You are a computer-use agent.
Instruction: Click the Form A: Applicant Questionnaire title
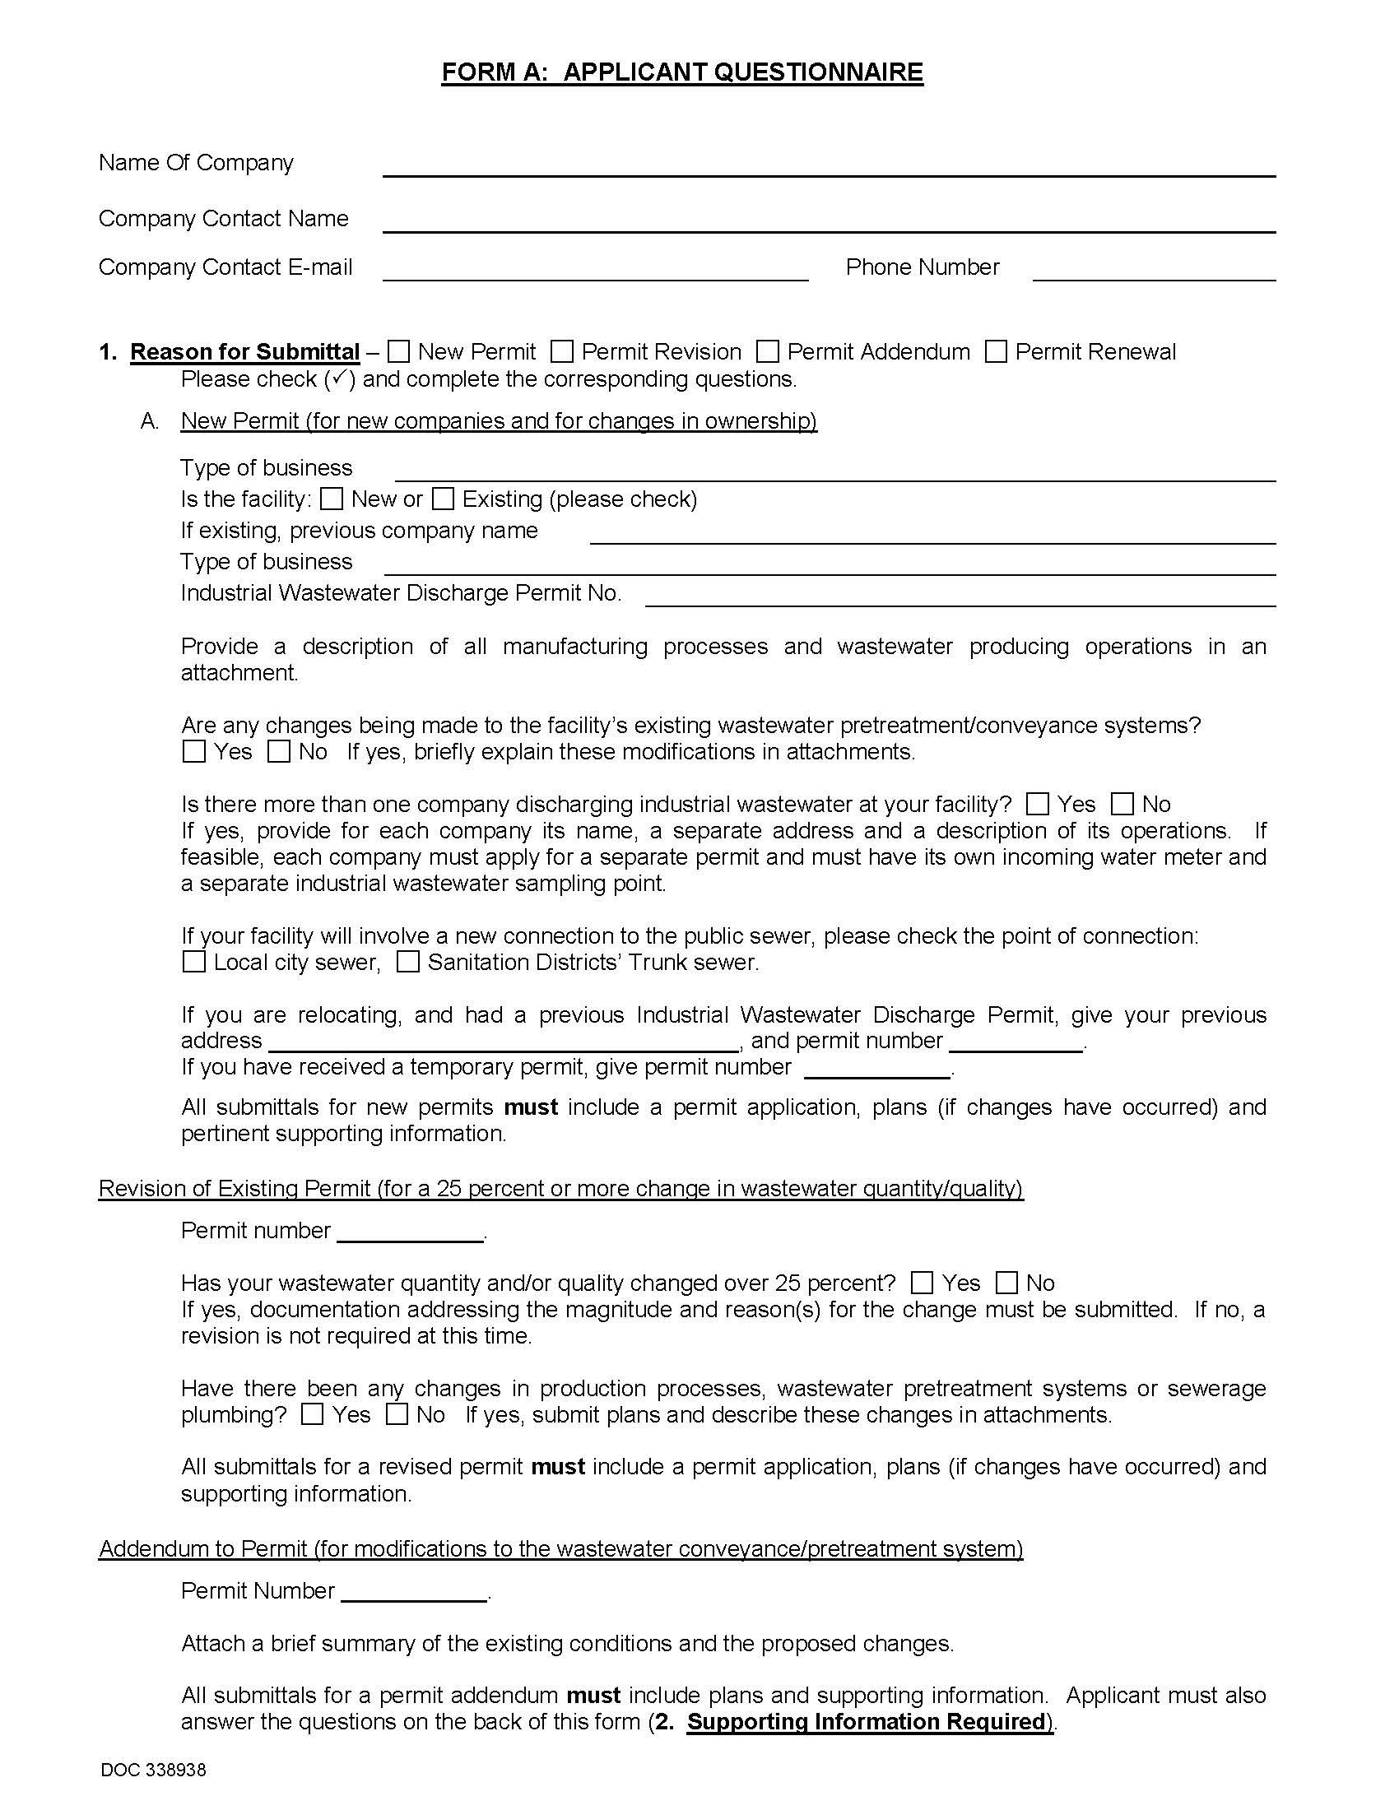pos(681,72)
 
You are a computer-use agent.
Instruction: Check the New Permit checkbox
pos(398,351)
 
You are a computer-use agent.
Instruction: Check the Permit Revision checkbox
pos(562,351)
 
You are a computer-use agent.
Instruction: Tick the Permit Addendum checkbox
pos(768,351)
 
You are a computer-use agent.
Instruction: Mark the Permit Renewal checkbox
pos(996,351)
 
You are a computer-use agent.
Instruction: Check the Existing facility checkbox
pos(444,499)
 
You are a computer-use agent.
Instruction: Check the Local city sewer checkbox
pos(193,963)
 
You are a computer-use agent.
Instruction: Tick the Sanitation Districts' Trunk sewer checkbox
pos(407,963)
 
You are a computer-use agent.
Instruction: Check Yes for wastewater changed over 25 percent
pos(921,1283)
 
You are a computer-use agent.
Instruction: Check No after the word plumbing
pos(397,1415)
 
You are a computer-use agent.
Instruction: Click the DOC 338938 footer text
pos(153,1771)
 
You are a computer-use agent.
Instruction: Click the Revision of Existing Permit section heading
pos(560,1189)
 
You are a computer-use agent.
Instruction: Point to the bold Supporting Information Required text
pos(865,1721)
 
